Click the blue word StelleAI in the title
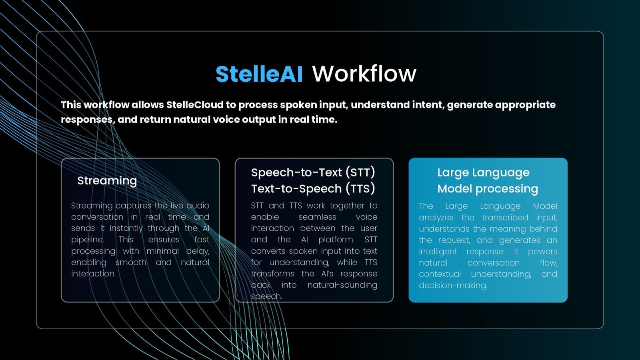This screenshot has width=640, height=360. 259,74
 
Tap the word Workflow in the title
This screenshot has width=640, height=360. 364,74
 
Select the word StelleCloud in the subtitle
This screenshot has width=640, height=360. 195,105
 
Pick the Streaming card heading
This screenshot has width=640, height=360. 107,180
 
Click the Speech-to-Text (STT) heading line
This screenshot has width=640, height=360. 313,172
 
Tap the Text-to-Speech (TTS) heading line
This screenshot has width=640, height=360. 313,188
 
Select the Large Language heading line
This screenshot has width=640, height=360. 484,173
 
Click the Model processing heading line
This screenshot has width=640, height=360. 488,189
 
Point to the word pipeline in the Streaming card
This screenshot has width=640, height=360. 87,240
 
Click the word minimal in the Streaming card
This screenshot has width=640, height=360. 162,251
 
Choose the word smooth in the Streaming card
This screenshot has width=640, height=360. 131,262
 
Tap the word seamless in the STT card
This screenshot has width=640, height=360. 317,217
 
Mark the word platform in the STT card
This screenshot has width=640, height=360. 336,240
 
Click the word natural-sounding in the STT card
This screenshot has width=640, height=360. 342,285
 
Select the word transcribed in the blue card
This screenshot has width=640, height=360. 505,218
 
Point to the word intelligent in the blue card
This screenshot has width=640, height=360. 438,252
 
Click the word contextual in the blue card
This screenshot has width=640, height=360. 440,274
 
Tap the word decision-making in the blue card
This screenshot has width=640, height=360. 453,286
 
